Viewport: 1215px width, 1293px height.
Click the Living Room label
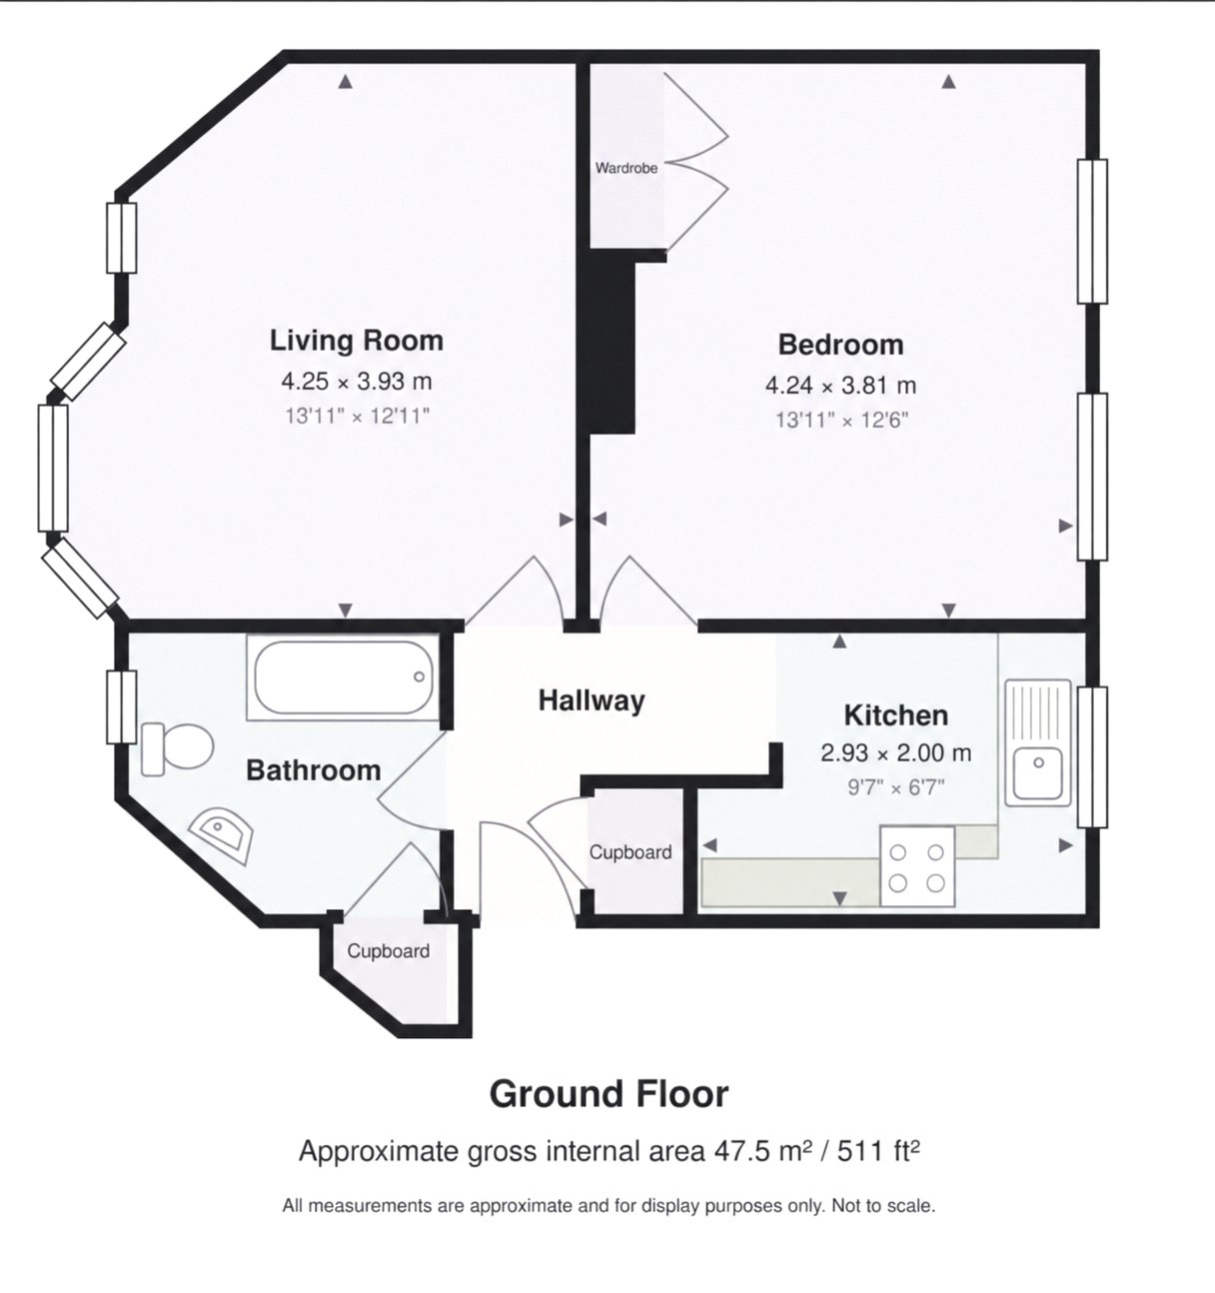click(x=356, y=341)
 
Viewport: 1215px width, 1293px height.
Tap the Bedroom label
click(x=840, y=345)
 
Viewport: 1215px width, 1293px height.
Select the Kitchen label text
click(x=896, y=715)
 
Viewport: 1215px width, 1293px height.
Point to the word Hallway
click(x=592, y=701)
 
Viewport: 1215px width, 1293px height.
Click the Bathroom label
click(x=313, y=770)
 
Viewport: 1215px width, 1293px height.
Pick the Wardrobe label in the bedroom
click(x=626, y=168)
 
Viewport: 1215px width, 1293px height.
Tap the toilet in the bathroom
click(x=177, y=748)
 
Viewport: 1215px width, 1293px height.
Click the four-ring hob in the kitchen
click(x=917, y=866)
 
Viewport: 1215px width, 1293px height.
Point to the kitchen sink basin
click(x=1038, y=772)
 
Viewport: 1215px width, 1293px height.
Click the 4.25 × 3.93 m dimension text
click(x=356, y=382)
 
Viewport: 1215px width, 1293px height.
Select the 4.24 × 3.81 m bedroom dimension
click(x=840, y=386)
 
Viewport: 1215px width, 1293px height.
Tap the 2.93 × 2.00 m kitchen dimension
click(x=896, y=753)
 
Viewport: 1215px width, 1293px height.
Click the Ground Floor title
click(x=608, y=1094)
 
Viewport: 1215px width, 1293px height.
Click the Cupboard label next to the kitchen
click(x=630, y=852)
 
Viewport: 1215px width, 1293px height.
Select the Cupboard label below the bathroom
click(x=388, y=951)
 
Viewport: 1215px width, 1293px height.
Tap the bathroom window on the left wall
click(x=122, y=707)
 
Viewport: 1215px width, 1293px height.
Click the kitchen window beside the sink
click(x=1092, y=757)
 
